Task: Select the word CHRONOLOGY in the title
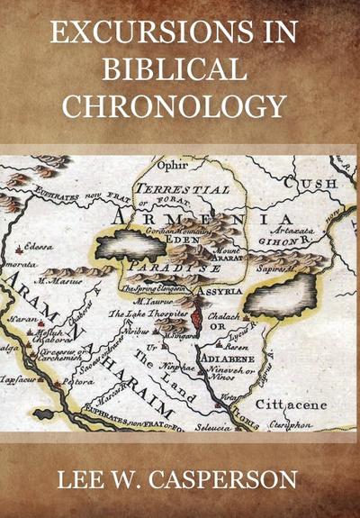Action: tap(180, 106)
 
